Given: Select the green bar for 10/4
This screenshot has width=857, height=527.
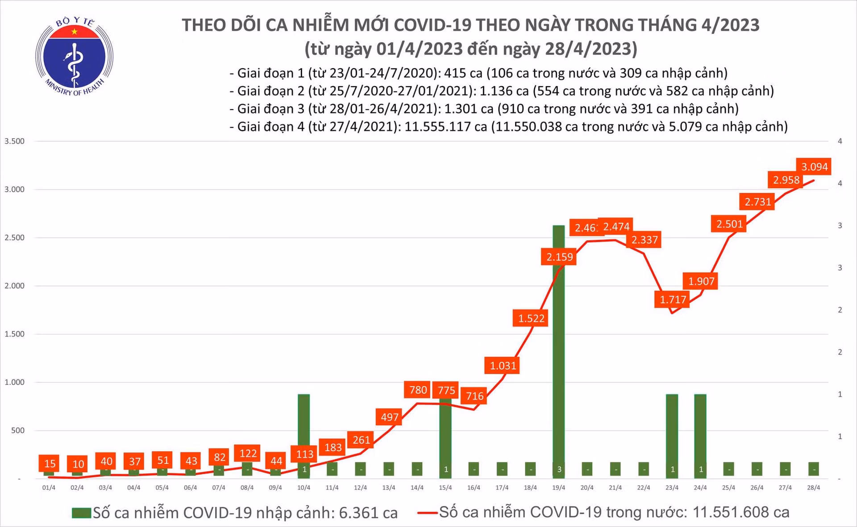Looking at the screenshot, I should click(304, 428).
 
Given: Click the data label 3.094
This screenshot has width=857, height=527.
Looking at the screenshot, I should click(814, 167).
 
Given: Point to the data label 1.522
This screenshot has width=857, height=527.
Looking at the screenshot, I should click(531, 318).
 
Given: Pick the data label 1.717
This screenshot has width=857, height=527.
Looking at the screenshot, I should click(673, 299).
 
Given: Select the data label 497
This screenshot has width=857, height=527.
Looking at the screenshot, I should click(389, 417).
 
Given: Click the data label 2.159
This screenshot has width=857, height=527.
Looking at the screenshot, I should click(559, 257).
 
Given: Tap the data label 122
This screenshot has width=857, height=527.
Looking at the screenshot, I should click(248, 453).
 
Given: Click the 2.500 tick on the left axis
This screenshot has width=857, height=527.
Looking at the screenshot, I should click(14, 238).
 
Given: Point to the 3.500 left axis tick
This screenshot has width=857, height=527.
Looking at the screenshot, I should click(14, 141).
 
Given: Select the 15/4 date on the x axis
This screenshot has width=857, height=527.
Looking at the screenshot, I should click(445, 488).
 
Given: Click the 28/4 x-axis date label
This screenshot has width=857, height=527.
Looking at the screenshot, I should click(813, 488).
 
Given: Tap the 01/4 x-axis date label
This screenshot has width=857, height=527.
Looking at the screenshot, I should click(49, 488).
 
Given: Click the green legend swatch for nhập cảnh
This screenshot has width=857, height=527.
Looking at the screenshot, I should click(81, 513).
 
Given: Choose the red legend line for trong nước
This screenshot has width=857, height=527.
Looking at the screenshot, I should click(427, 513).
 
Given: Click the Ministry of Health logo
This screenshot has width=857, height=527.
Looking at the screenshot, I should click(74, 56).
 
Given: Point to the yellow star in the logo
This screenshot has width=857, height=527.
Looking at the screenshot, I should click(75, 32).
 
